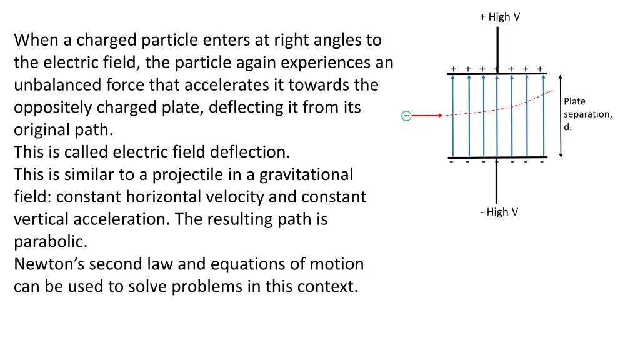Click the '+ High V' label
pos(499,17)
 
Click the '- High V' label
pos(499,212)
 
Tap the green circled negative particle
pos(406,116)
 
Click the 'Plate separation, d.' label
pos(587,114)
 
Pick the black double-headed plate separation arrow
pos(561,116)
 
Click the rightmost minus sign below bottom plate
pos(541,162)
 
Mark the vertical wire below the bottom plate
pos(497,181)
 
